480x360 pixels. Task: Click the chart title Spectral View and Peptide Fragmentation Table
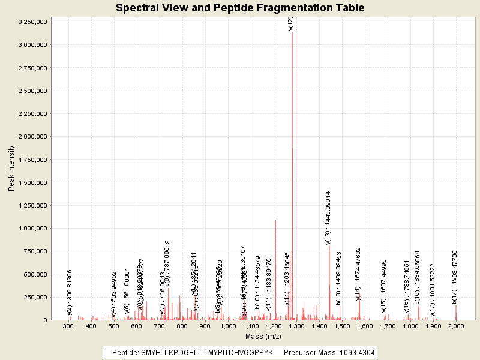(240, 8)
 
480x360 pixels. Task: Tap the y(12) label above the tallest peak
(291, 23)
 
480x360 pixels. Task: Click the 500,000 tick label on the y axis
(36, 274)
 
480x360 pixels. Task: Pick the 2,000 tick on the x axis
(456, 326)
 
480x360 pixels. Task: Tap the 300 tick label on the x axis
(68, 326)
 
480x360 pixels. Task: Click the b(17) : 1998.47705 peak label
(455, 278)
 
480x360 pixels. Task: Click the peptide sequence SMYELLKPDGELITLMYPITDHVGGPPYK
(206, 353)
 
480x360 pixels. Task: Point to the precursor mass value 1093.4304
(355, 353)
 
